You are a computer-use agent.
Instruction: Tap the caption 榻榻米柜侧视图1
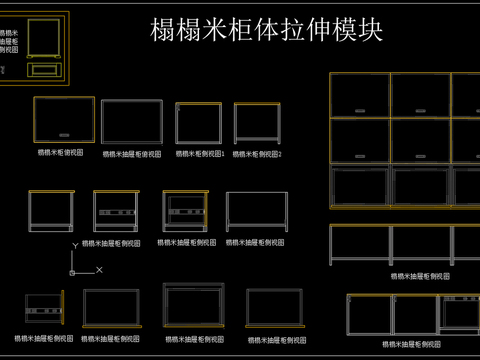pos(200,155)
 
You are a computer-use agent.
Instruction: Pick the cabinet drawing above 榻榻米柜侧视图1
pos(199,124)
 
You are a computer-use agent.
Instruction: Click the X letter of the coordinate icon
pos(99,270)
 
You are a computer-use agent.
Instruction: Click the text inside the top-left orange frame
pos(10,41)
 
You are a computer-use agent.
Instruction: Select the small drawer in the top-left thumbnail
pos(43,70)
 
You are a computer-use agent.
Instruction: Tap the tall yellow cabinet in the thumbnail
pos(44,38)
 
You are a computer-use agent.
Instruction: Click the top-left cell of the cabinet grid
pos(360,95)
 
